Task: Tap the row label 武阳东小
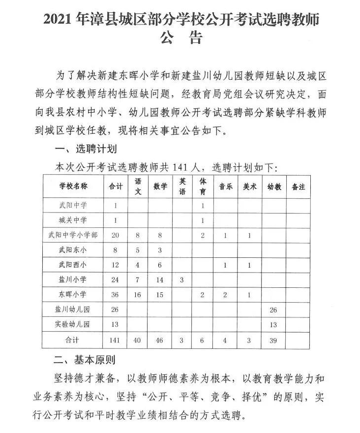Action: pyautogui.click(x=73, y=250)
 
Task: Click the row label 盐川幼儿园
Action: pyautogui.click(x=73, y=309)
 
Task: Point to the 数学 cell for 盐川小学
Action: pyautogui.click(x=160, y=279)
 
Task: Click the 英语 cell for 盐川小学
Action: pyautogui.click(x=182, y=279)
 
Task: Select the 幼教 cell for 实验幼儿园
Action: pyautogui.click(x=274, y=324)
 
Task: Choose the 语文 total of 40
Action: pyautogui.click(x=138, y=340)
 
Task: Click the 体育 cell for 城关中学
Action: pyautogui.click(x=203, y=220)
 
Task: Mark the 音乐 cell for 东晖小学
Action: pyautogui.click(x=225, y=295)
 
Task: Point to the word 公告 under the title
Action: pyautogui.click(x=181, y=38)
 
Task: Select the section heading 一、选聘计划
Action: pyautogui.click(x=84, y=149)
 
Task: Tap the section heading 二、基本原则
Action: pyautogui.click(x=84, y=360)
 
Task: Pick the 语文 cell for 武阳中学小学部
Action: pyautogui.click(x=138, y=235)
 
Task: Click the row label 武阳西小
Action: pyautogui.click(x=73, y=265)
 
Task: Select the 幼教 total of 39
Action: pyautogui.click(x=274, y=340)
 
